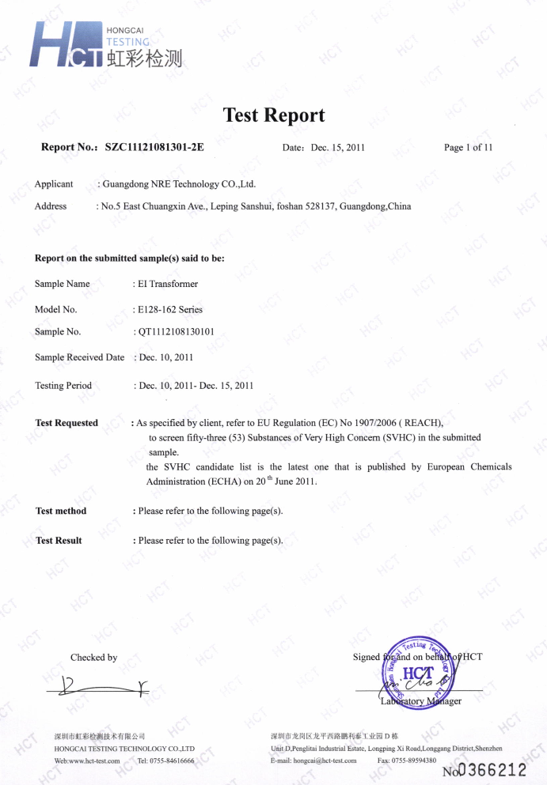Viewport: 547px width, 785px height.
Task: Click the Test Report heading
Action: pyautogui.click(x=274, y=115)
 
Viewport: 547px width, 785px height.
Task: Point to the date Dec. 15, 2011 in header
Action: pyautogui.click(x=338, y=148)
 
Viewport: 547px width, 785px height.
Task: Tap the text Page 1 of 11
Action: pyautogui.click(x=469, y=148)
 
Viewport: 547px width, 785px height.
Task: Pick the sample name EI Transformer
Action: pyautogui.click(x=168, y=284)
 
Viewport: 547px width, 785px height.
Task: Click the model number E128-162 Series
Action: pyautogui.click(x=170, y=310)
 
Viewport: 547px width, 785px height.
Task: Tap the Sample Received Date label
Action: pyautogui.click(x=79, y=357)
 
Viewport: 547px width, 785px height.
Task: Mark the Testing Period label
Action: pyautogui.click(x=63, y=386)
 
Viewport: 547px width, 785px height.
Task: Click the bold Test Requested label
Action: pyautogui.click(x=66, y=423)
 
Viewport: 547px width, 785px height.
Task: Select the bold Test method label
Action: pyautogui.click(x=61, y=511)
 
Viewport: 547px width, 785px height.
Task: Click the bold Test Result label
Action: pyautogui.click(x=59, y=541)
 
